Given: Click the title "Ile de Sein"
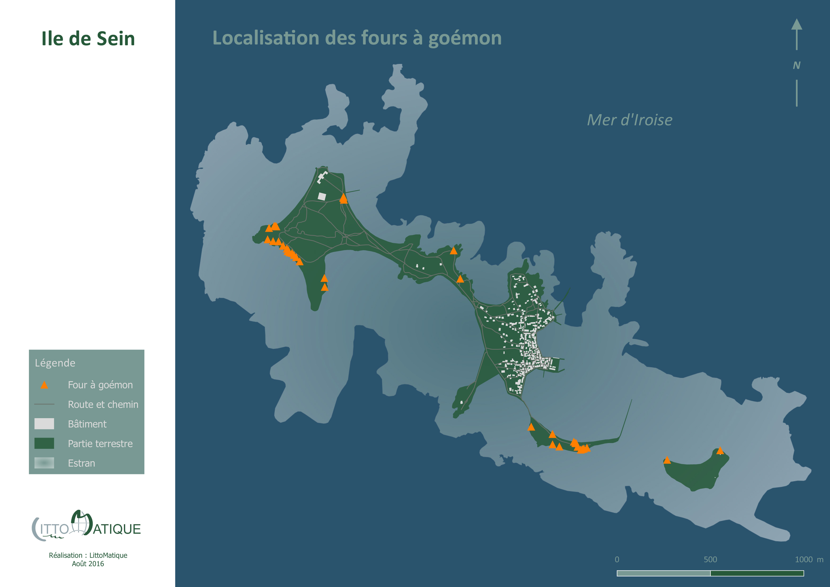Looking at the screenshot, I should click(88, 39).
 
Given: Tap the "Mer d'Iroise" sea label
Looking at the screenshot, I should click(629, 120).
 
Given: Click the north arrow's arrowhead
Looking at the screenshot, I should click(796, 25).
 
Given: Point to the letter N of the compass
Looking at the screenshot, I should click(796, 65).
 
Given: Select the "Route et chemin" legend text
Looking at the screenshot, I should click(103, 404).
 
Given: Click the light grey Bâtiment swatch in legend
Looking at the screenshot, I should click(44, 424).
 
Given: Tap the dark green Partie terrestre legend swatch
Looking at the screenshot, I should click(44, 444).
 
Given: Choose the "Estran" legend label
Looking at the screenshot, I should click(81, 463).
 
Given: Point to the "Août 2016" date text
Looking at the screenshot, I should click(88, 564).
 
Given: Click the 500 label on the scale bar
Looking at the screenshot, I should click(710, 560).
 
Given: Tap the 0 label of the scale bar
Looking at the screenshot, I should click(617, 560).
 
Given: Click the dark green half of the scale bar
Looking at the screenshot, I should click(757, 573).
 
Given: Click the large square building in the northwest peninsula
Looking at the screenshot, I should click(322, 196).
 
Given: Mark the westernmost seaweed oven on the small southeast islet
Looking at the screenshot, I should click(667, 460).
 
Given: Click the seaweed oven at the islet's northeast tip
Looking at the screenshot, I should click(720, 451).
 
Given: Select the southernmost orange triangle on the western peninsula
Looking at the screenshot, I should click(325, 287).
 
